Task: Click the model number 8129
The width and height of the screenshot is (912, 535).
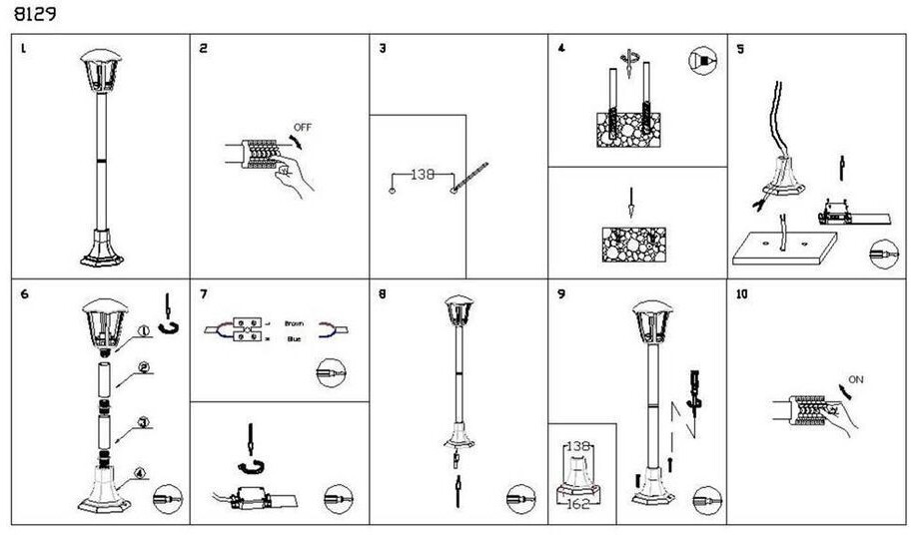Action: coord(34,15)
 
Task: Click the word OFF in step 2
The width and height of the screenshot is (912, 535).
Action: coord(304,127)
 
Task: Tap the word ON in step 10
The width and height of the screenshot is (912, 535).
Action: coord(856,379)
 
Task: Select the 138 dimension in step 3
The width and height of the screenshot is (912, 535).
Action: coord(424,174)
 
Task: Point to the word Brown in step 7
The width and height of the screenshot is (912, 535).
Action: coord(294,324)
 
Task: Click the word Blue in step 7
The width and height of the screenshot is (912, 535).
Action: coord(294,338)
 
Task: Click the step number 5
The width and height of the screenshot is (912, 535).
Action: coord(740,48)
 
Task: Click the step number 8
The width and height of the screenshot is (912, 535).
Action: coord(383,294)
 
